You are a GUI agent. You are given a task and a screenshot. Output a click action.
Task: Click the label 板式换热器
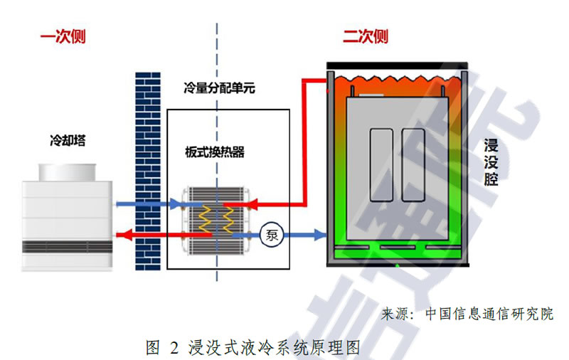214,152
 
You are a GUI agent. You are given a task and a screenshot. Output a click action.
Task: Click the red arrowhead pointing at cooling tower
122,233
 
